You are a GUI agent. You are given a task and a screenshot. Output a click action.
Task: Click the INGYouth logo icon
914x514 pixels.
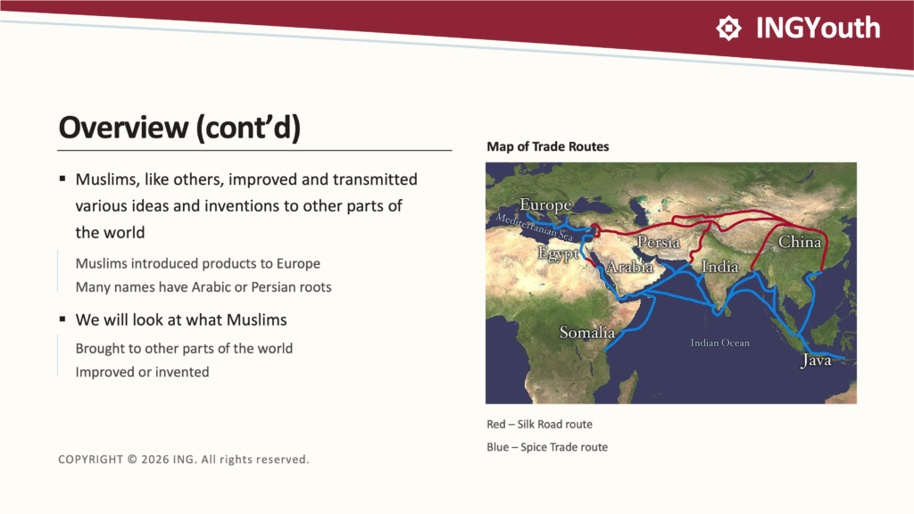(x=728, y=28)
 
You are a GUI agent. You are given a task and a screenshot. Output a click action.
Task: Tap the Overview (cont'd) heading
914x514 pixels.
(x=179, y=128)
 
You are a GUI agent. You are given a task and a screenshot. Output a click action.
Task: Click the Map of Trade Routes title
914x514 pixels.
(x=547, y=146)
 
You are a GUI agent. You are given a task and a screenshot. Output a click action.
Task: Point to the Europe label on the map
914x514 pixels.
(x=545, y=204)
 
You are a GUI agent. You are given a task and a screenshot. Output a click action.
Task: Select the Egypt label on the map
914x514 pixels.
(x=558, y=254)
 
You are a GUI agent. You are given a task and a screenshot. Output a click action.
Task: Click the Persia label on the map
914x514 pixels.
(x=658, y=241)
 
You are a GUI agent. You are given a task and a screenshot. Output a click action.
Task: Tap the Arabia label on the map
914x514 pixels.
(x=629, y=266)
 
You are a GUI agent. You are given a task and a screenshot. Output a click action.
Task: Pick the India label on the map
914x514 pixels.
(x=720, y=266)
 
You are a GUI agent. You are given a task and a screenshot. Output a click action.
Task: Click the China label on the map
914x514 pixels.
(x=799, y=241)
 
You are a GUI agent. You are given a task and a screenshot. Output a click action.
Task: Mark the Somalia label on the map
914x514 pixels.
(x=587, y=332)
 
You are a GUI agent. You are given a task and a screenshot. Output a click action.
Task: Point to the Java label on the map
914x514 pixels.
(x=816, y=361)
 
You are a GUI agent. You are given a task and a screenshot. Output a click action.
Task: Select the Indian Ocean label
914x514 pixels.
(x=720, y=343)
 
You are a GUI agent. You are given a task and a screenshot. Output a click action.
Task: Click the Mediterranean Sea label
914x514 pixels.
(x=535, y=228)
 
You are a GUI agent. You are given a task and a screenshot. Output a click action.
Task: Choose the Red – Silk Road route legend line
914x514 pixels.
(x=539, y=424)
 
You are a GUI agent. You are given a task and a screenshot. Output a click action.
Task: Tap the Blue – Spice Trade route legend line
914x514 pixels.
(x=547, y=447)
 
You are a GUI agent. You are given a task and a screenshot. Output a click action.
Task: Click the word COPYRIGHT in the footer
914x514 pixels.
(x=90, y=460)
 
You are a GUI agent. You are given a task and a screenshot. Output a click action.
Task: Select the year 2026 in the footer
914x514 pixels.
(x=154, y=460)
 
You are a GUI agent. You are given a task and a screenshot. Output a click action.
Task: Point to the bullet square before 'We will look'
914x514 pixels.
(x=62, y=319)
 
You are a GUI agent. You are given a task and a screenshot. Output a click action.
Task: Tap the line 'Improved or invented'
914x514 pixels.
(x=142, y=372)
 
